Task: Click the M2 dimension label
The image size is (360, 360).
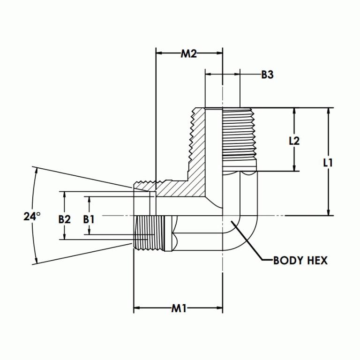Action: [188, 53]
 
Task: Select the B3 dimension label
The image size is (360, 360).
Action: [267, 75]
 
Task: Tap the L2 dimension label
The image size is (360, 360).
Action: [294, 141]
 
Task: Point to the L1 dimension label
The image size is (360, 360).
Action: [328, 163]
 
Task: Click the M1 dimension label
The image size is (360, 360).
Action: [179, 308]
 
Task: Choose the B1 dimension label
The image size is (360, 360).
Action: [89, 219]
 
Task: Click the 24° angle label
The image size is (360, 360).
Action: [32, 217]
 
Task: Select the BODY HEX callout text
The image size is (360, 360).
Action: [300, 261]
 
